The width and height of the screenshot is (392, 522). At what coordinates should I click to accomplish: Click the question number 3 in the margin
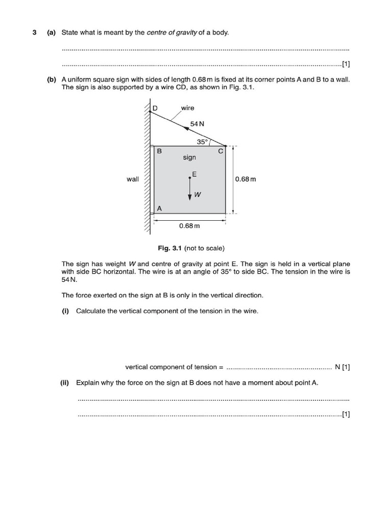35,33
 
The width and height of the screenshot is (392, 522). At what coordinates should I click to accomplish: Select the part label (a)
51,33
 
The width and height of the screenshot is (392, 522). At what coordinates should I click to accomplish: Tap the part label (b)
51,80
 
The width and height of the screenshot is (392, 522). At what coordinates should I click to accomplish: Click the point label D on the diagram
156,108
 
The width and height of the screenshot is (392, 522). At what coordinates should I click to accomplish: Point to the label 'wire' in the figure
187,108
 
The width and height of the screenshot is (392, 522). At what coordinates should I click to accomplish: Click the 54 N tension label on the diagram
197,124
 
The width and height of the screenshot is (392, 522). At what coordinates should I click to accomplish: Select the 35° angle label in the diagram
202,142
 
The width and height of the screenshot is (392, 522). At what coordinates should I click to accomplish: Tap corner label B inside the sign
159,151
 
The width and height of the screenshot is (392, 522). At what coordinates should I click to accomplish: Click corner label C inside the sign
220,151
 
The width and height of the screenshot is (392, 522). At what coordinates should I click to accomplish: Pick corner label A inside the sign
159,208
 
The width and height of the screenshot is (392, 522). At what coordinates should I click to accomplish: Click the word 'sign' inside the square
189,158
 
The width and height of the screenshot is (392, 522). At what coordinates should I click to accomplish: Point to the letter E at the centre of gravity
194,174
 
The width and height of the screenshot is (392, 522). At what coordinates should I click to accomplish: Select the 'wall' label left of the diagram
133,179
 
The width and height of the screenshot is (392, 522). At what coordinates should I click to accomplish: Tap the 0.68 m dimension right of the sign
246,179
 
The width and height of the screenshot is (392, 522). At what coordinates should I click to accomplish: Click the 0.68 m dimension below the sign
189,225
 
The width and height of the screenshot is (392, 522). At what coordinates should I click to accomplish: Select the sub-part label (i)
65,311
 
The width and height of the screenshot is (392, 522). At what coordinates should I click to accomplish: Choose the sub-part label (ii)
66,382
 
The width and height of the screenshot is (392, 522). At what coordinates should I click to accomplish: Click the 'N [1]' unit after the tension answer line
342,367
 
